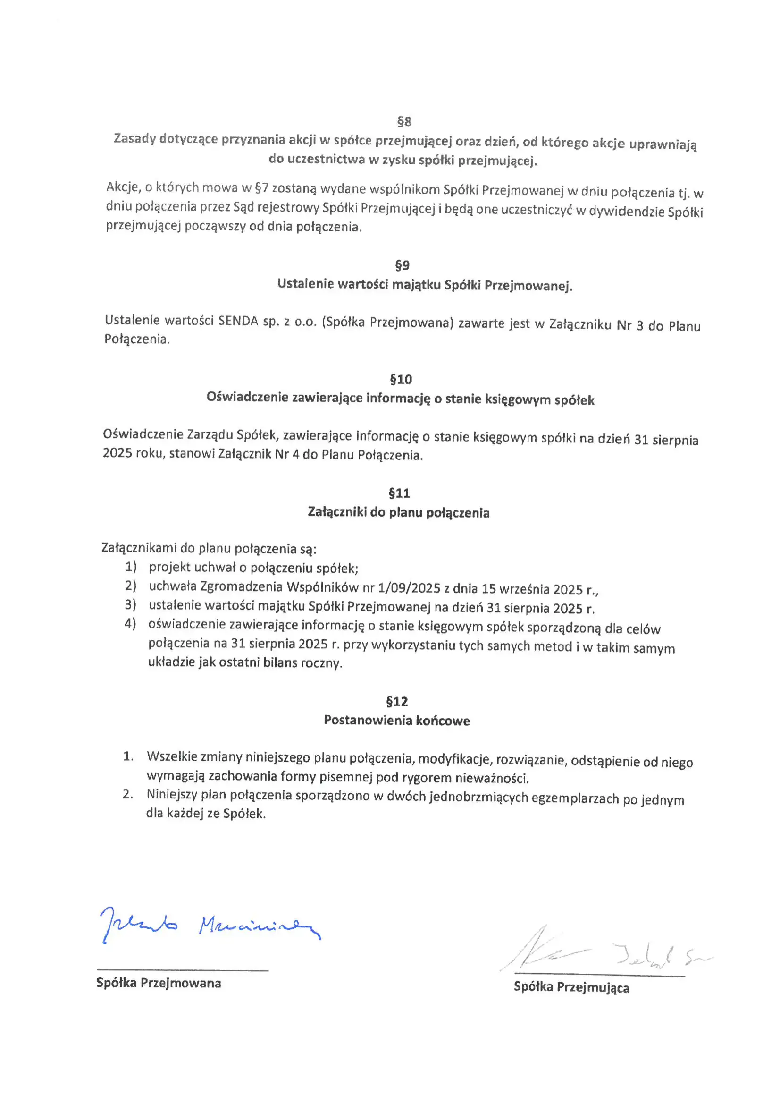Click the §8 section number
click(x=404, y=122)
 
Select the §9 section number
click(x=402, y=265)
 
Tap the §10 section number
click(x=401, y=379)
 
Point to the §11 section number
click(x=399, y=493)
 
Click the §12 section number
click(x=397, y=702)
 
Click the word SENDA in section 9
click(x=238, y=321)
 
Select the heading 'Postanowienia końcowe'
click(x=396, y=720)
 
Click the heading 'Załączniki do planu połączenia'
click(x=398, y=513)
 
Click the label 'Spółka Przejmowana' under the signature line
click(x=159, y=983)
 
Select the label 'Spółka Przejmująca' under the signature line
click(x=571, y=987)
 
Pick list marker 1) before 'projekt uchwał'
click(x=131, y=567)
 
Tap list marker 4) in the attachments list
click(x=130, y=624)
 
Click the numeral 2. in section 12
click(x=128, y=794)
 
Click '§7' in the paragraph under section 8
click(x=261, y=188)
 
